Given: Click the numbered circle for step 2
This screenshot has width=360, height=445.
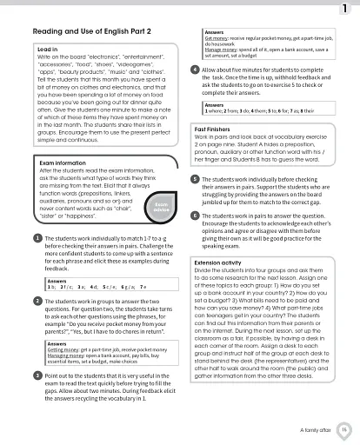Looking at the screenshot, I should pyautogui.click(x=37, y=300).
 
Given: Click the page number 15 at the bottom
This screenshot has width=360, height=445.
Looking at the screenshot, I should pyautogui.click(x=344, y=428).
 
